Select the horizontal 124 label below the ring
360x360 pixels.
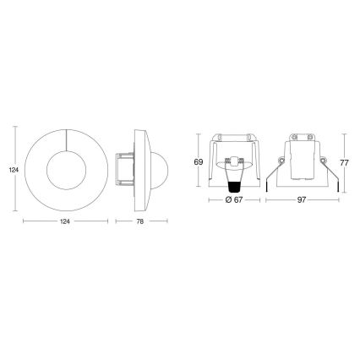64,221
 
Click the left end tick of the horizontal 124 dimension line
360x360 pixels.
22,221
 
